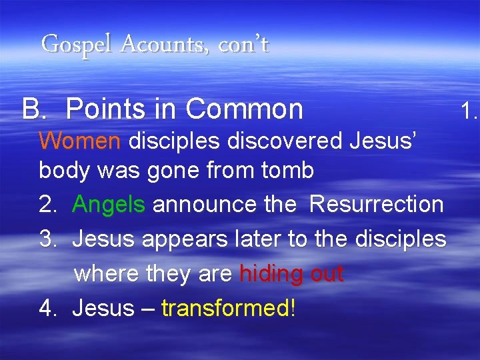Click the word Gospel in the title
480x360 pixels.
pos(69,45)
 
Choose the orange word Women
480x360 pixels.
pos(79,140)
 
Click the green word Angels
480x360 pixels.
pos(109,204)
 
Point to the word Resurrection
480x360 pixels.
pos(377,204)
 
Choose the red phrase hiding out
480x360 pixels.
pos(291,273)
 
